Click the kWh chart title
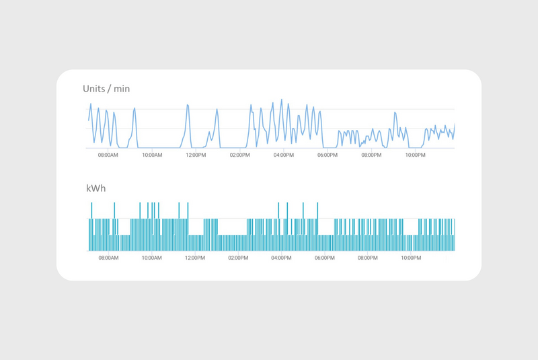(x=95, y=188)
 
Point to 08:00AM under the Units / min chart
(x=108, y=155)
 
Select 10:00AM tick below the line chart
(x=152, y=155)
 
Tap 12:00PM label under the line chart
(x=196, y=155)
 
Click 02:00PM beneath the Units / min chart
(x=239, y=155)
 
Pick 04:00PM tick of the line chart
(x=283, y=155)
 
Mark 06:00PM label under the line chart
(x=328, y=155)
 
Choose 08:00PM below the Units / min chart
(x=371, y=155)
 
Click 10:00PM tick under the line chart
(x=415, y=155)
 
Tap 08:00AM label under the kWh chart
(x=108, y=258)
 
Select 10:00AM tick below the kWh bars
(x=152, y=258)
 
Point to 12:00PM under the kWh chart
(x=196, y=258)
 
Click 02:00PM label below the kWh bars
(x=239, y=258)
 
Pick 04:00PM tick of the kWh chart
(x=283, y=258)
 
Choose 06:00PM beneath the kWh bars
(x=328, y=258)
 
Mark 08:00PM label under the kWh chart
(x=371, y=258)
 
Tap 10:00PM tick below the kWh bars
(x=415, y=258)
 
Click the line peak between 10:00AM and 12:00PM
(x=188, y=105)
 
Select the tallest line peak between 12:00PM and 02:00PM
(x=217, y=110)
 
